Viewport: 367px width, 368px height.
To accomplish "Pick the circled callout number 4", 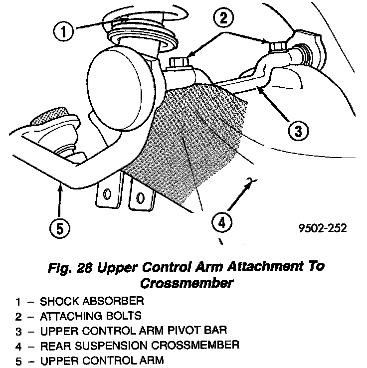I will tap(221, 221).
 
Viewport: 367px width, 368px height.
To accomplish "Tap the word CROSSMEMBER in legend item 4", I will tap(203, 345).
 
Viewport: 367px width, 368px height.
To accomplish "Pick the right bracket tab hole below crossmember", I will tap(141, 198).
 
